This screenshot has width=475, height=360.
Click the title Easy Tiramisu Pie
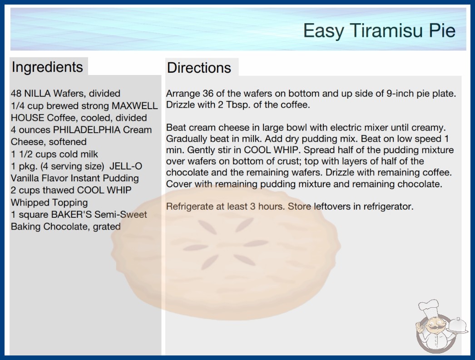point(379,30)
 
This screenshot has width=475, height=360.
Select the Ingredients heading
point(47,67)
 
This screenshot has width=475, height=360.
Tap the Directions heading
point(199,68)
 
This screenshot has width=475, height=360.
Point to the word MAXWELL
point(135,105)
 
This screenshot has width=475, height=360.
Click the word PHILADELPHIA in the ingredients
point(87,130)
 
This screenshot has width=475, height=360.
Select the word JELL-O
point(126,166)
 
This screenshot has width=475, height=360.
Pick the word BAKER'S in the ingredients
point(71,215)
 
